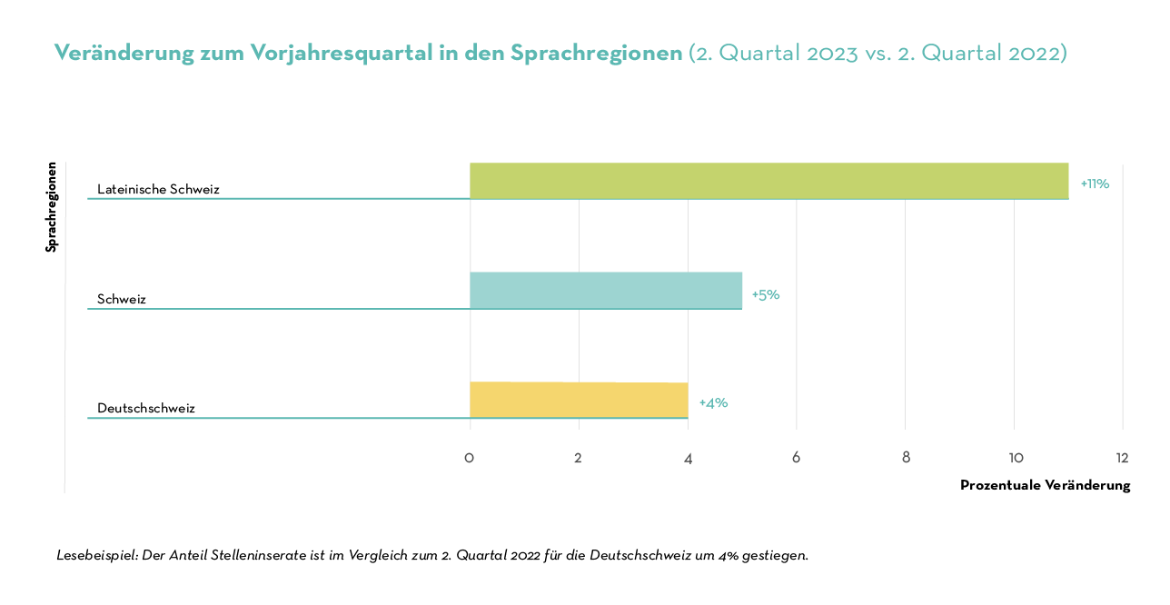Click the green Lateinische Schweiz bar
point(768,181)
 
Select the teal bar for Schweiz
point(605,291)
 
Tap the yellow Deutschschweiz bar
point(578,400)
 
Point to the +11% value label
point(1095,183)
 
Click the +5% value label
point(766,294)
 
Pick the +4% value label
point(713,402)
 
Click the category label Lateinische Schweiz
point(158,189)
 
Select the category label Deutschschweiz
point(145,408)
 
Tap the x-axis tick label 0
point(469,458)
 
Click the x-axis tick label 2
point(578,458)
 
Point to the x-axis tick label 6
point(796,458)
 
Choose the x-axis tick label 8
point(906,458)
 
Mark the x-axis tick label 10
point(1014,458)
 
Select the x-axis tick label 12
point(1123,458)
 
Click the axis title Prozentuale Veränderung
point(1045,485)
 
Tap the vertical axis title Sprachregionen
point(52,207)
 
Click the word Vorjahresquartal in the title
point(315,53)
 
